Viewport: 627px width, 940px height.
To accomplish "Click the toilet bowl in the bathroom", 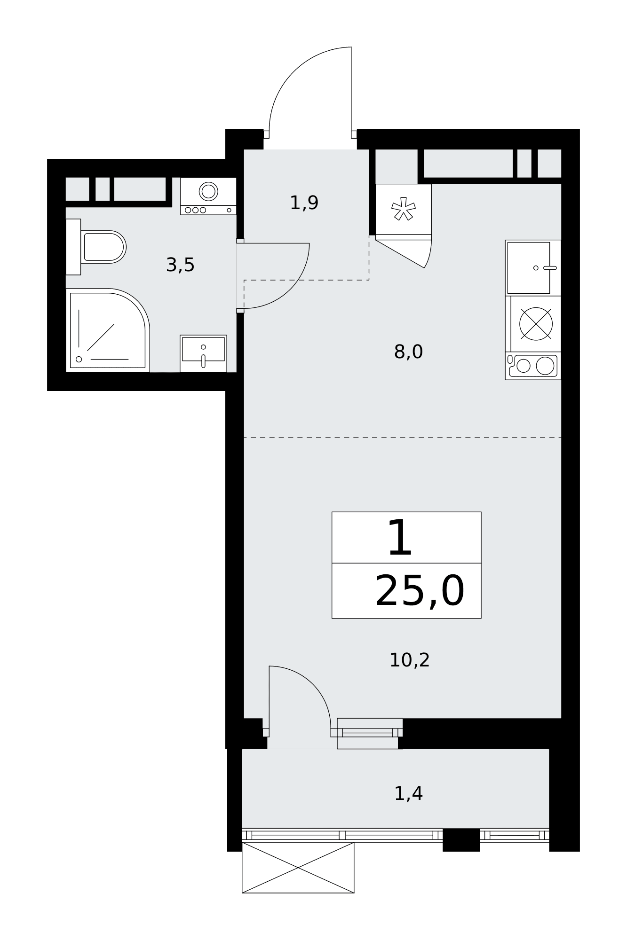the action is (x=103, y=247).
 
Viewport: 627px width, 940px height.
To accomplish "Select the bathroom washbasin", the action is (x=203, y=353).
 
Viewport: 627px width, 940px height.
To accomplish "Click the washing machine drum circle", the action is (x=208, y=191).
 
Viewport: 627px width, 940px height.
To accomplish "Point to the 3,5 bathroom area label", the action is (x=180, y=266).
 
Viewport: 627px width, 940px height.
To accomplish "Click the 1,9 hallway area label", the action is (x=304, y=203).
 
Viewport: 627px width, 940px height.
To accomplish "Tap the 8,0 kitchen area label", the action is (x=408, y=352).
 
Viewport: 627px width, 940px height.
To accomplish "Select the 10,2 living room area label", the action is (x=409, y=660).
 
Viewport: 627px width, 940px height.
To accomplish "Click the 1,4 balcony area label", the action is (x=408, y=794).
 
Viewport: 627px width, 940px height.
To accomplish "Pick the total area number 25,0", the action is (x=420, y=591).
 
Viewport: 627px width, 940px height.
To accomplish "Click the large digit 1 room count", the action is (x=400, y=538).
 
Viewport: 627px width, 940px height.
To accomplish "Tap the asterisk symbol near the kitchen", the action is (x=403, y=209).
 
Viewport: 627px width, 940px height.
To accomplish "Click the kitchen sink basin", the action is (x=528, y=267).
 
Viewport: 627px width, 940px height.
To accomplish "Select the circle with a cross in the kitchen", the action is (x=536, y=324).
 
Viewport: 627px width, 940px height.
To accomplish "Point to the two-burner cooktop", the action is (x=533, y=366).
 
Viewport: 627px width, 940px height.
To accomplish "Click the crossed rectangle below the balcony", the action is (x=298, y=868).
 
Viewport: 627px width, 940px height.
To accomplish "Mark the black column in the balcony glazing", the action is (x=461, y=840).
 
